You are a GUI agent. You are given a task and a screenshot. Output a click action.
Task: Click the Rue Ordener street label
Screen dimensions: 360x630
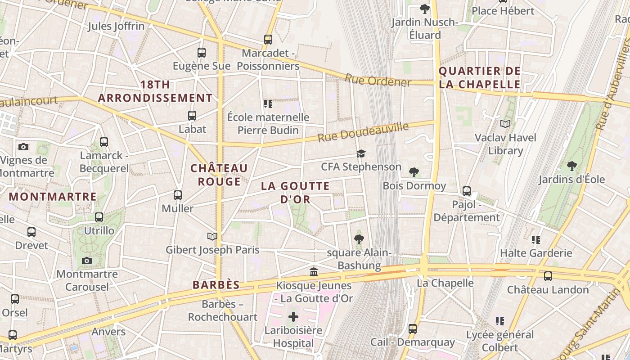(x=378, y=81)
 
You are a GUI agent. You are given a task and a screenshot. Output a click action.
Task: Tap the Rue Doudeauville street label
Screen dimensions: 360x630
(x=363, y=132)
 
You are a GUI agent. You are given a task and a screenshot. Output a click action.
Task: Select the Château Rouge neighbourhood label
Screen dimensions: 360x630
(x=219, y=175)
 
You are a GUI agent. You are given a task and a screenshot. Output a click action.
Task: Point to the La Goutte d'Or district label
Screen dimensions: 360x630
(x=295, y=192)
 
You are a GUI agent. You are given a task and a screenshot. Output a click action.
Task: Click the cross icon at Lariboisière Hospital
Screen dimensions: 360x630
(x=293, y=317)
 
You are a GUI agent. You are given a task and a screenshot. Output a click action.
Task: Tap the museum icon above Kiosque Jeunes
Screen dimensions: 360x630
(x=314, y=272)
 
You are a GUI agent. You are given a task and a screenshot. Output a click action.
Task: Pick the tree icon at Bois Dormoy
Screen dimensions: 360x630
(x=414, y=172)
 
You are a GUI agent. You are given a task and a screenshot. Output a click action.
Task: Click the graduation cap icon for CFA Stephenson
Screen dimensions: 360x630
(x=361, y=154)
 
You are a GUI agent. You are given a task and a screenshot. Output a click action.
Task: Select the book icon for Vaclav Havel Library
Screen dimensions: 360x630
(x=505, y=124)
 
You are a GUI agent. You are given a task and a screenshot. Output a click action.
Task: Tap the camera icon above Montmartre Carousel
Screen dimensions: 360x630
(x=87, y=261)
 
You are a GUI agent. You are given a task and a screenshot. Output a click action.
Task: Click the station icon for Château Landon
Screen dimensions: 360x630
(x=548, y=276)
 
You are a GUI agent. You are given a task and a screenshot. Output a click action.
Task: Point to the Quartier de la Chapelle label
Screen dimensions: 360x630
(x=479, y=77)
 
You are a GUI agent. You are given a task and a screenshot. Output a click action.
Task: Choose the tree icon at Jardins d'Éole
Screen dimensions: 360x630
(x=571, y=166)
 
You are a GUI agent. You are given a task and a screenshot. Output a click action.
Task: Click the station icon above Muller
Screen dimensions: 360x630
(x=178, y=195)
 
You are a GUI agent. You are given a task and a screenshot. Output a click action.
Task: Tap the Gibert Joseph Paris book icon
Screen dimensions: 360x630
(x=212, y=236)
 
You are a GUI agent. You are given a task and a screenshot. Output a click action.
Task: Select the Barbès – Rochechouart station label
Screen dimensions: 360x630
(x=222, y=310)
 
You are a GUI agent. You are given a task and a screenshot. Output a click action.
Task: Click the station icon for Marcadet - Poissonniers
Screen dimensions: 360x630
(x=268, y=39)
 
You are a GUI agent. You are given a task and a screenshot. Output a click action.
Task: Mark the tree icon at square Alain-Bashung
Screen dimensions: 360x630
(x=359, y=239)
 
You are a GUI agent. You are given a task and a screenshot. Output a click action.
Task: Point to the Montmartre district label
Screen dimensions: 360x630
(x=53, y=197)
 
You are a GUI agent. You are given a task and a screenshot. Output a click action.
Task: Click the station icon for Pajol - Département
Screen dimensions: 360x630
(x=467, y=191)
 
